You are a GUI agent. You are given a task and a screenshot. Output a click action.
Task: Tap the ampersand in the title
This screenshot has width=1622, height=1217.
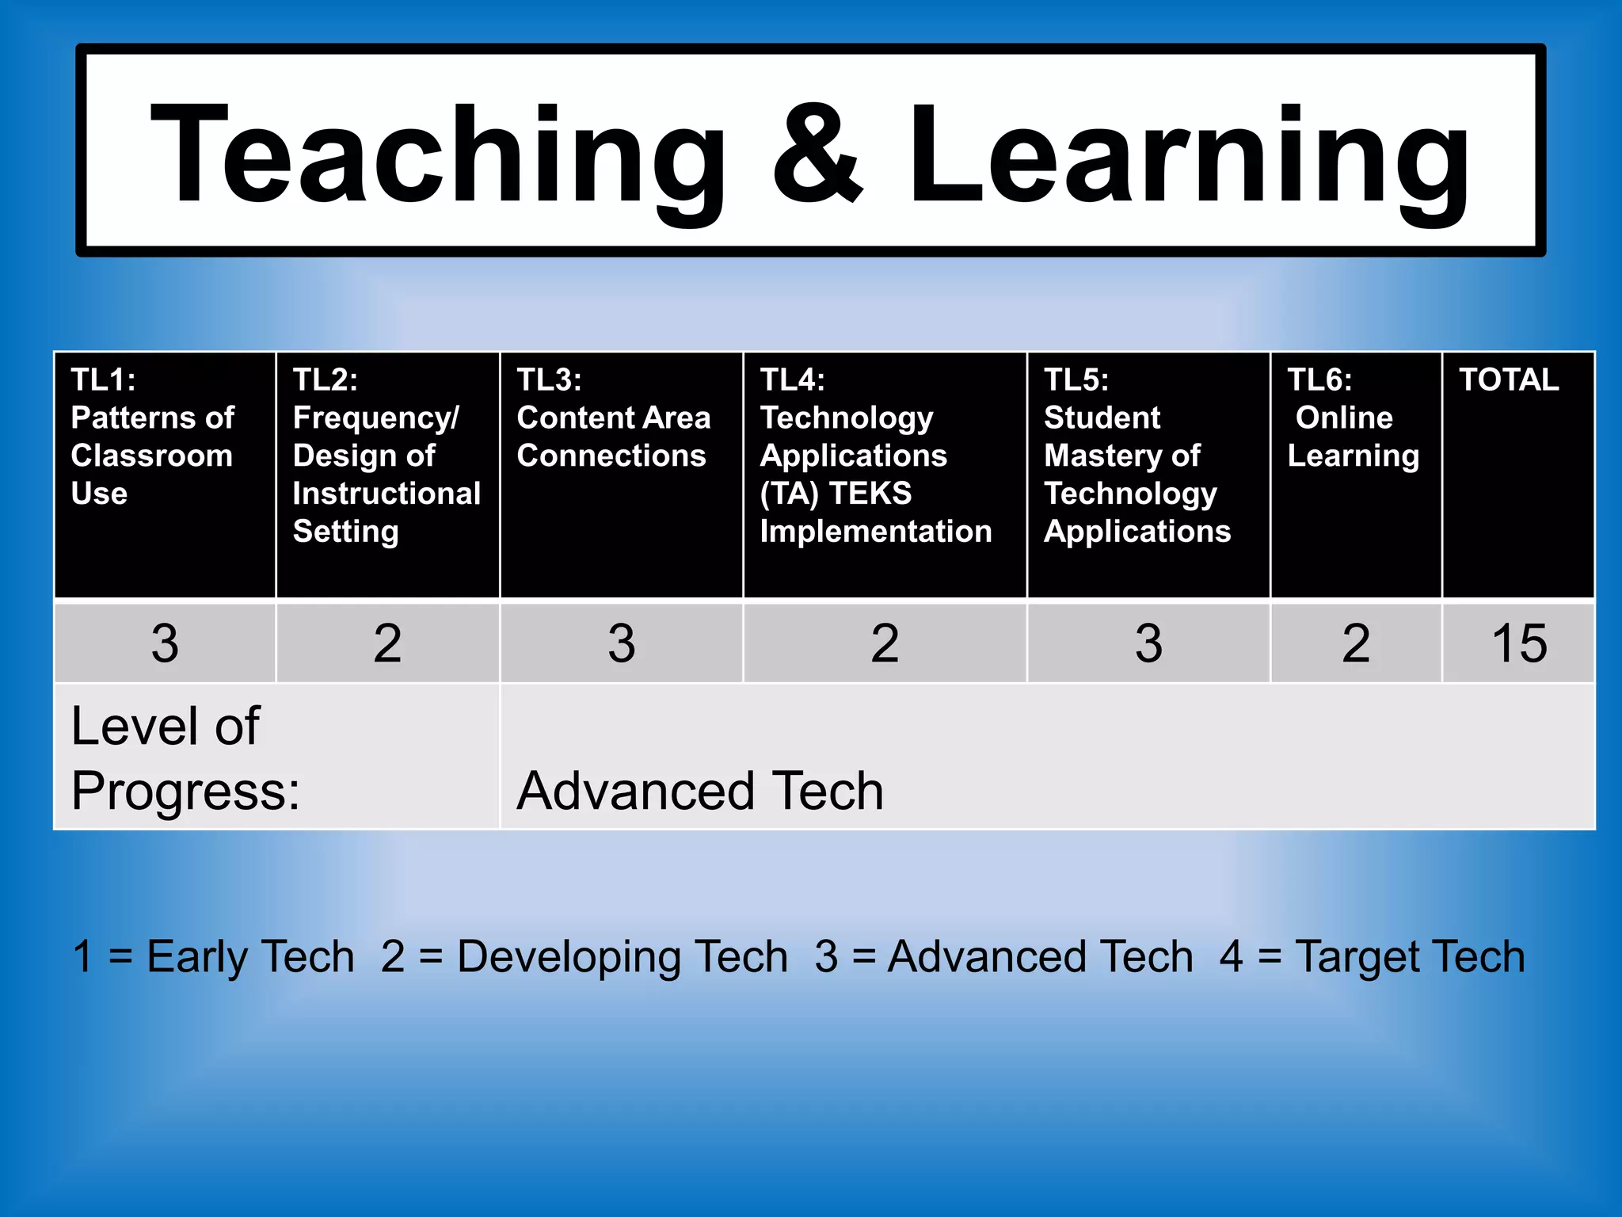(817, 155)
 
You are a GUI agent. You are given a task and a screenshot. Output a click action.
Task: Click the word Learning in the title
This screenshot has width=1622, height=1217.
(1188, 155)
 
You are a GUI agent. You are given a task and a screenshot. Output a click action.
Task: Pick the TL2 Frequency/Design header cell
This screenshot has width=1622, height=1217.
(386, 455)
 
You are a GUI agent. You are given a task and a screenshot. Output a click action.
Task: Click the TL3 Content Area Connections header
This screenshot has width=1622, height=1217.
(614, 418)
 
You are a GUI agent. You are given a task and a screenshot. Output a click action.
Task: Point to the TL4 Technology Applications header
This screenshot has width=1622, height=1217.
(875, 455)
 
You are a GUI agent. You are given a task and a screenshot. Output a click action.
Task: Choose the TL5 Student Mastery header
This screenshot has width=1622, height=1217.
(1137, 455)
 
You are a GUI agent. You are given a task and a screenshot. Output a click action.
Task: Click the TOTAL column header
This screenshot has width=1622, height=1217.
(1510, 380)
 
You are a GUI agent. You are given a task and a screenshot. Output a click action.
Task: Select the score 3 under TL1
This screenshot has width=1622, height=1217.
(165, 643)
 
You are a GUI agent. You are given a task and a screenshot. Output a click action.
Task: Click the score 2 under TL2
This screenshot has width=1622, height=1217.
(387, 643)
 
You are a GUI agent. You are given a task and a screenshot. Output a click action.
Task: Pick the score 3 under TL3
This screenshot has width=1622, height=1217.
(622, 643)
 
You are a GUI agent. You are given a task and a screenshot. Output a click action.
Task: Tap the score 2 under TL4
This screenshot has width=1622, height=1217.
(885, 643)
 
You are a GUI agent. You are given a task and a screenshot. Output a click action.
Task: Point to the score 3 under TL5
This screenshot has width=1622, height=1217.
(1148, 643)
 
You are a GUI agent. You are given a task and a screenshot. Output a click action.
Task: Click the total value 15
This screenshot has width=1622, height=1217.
(1518, 643)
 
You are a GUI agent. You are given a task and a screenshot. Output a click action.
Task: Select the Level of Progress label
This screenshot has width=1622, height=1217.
(186, 757)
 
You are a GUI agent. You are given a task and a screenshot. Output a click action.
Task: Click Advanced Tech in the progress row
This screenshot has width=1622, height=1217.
(700, 790)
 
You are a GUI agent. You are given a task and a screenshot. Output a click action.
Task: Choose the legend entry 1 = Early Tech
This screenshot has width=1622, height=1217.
(213, 956)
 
